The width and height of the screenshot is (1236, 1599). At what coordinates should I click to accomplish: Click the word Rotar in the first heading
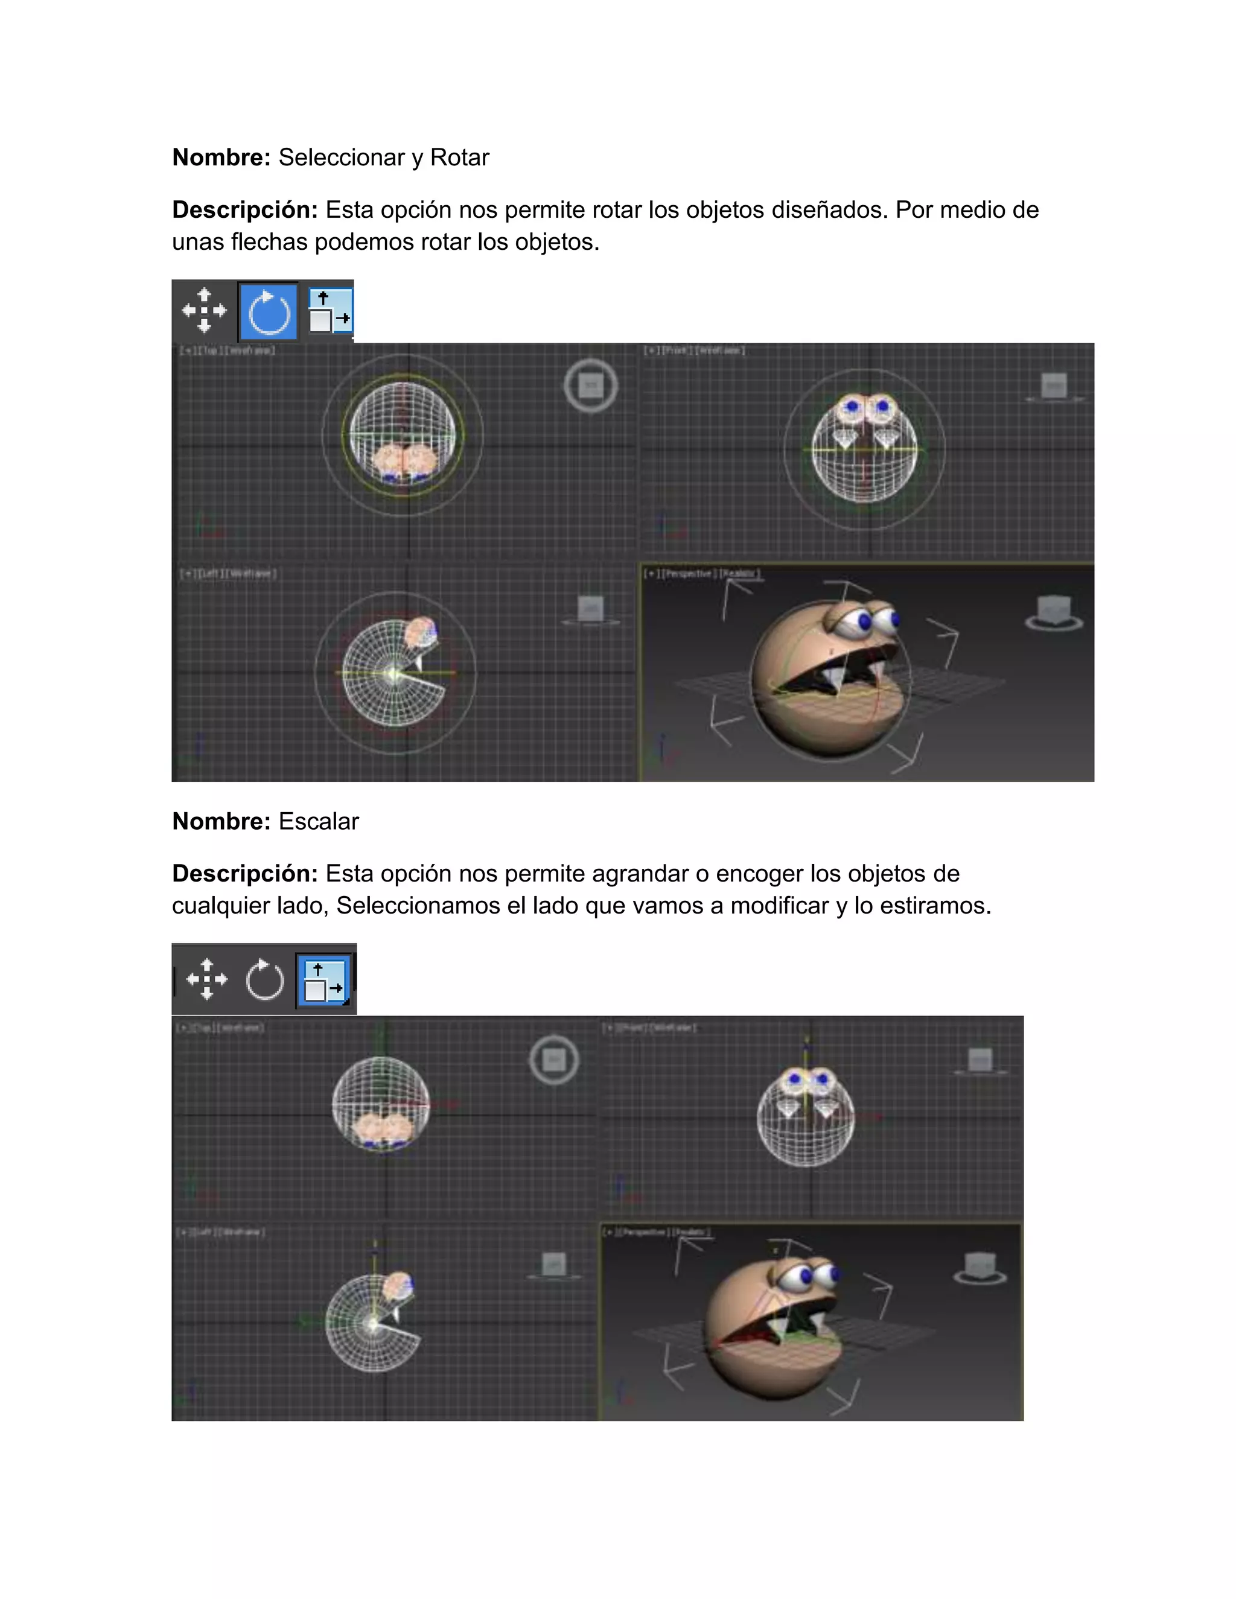coord(459,157)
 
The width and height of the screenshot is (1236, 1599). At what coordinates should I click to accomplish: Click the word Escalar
coord(319,821)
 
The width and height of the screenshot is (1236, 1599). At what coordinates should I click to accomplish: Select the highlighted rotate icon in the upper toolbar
coord(269,312)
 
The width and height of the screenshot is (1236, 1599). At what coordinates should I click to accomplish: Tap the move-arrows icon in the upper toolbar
coord(205,310)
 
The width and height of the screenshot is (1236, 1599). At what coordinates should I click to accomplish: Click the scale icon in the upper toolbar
coord(330,311)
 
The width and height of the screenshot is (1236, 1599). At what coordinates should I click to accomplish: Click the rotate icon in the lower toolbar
coord(264,979)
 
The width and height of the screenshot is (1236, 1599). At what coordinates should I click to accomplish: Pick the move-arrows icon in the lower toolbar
coord(207,979)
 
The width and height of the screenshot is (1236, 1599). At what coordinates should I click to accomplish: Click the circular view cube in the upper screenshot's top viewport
coord(591,385)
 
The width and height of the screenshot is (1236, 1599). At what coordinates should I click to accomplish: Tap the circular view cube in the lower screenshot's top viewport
coord(554,1060)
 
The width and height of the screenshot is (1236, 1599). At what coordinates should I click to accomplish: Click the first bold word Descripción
coord(244,210)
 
